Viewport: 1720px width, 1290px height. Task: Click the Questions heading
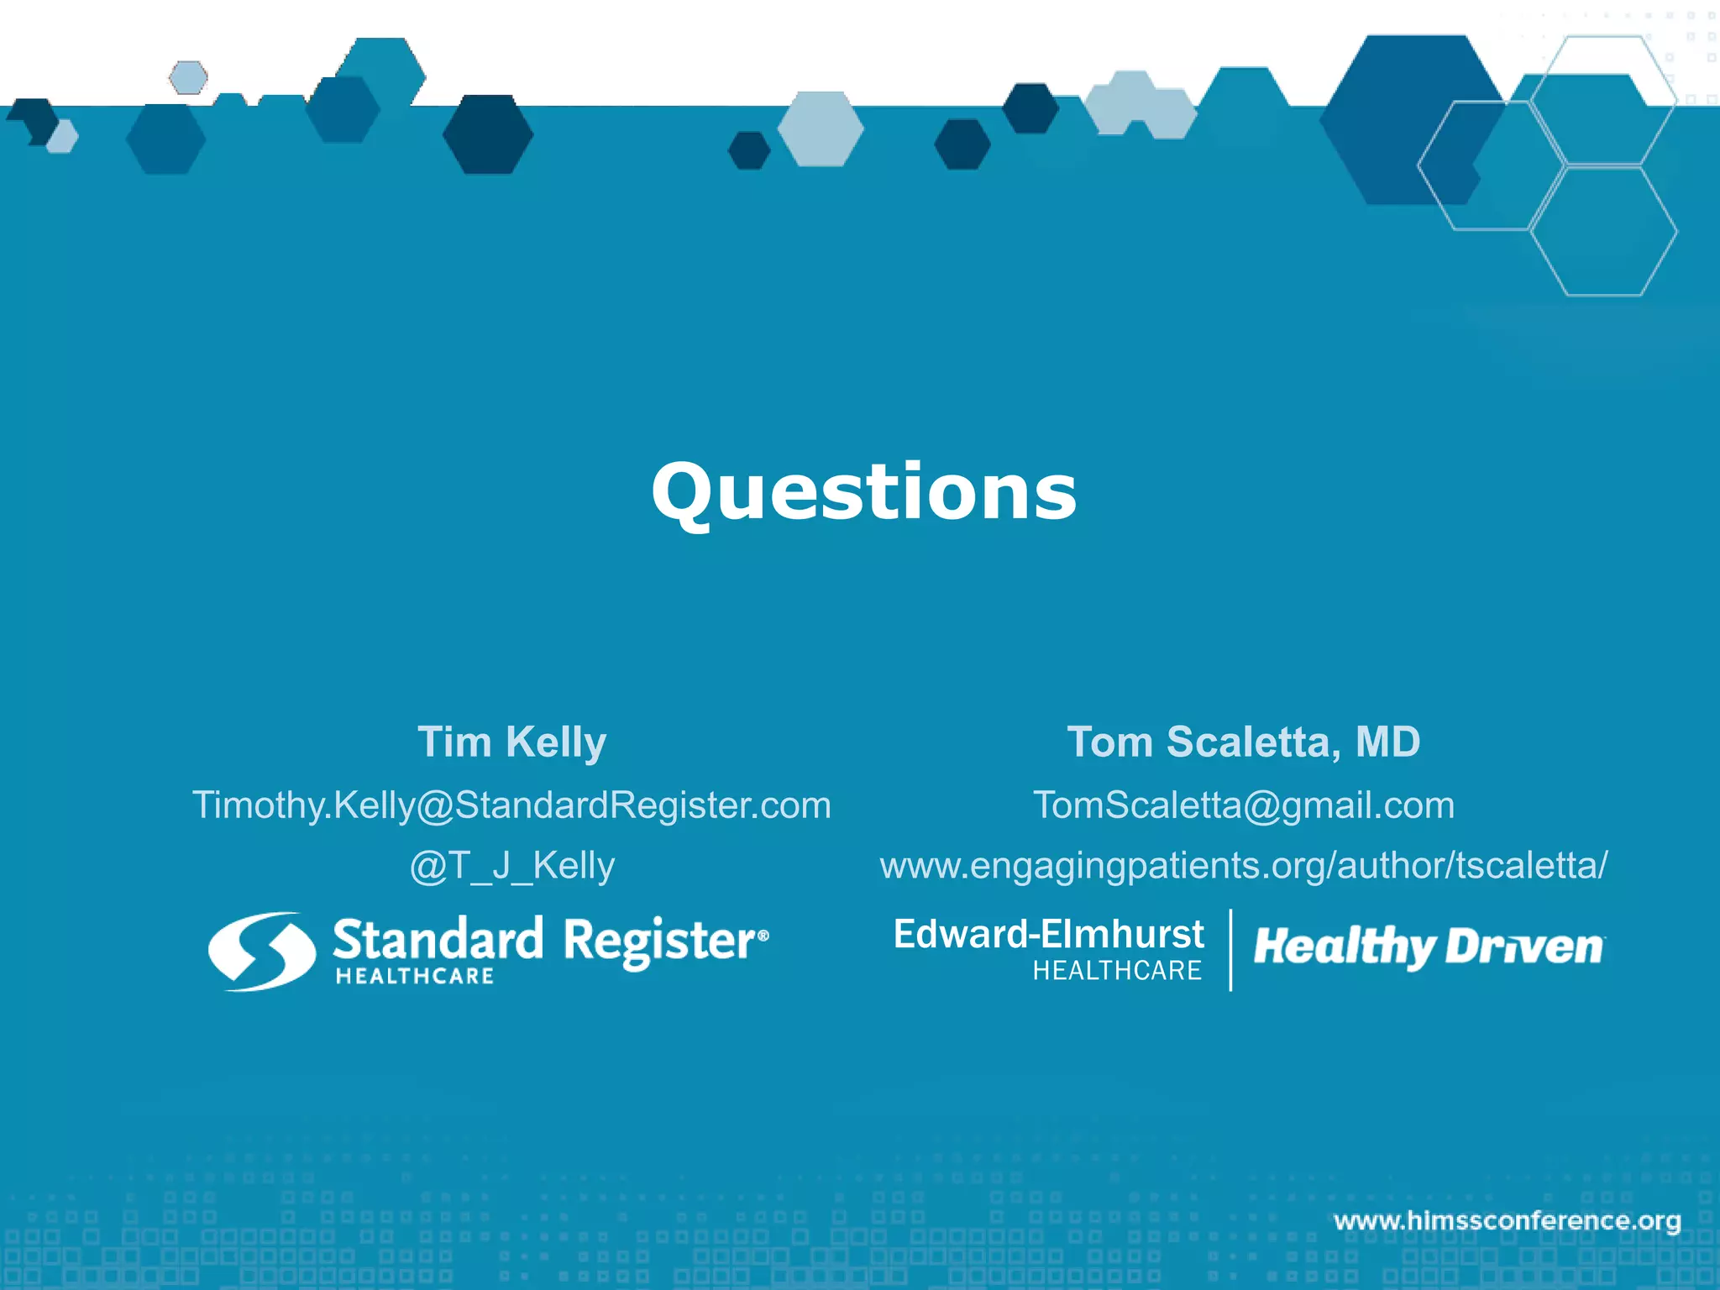pos(863,492)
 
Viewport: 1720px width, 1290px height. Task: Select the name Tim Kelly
pos(511,742)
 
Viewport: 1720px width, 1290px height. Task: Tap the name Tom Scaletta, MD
pos(1243,742)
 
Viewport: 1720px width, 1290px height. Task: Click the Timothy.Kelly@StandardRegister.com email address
pos(511,805)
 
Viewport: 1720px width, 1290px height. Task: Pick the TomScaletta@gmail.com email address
pos(1243,805)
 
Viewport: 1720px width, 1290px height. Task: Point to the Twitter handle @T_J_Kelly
pos(511,866)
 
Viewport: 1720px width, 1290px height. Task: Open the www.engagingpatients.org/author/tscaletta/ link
pos(1243,866)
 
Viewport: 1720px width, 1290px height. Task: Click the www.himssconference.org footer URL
pos(1507,1220)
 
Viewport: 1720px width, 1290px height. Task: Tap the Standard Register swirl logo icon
pos(262,951)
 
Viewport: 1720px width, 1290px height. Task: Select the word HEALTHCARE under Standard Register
pos(415,976)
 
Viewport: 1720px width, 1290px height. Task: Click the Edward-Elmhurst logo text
pos(1048,934)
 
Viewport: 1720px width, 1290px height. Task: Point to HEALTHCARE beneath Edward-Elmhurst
pos(1117,971)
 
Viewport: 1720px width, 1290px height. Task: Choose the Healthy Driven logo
pos(1428,947)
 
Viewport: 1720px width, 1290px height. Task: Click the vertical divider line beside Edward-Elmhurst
pos(1230,950)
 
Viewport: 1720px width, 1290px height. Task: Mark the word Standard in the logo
pos(438,940)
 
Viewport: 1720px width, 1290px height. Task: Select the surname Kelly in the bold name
pos(556,742)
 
